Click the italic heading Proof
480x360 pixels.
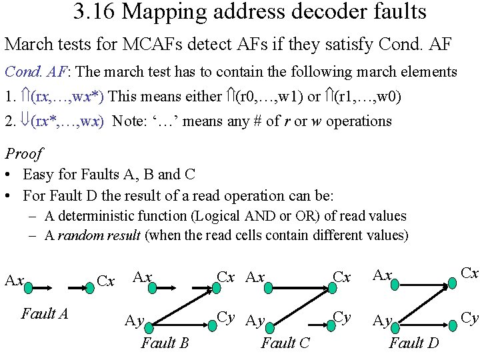point(23,154)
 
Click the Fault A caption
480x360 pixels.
point(45,313)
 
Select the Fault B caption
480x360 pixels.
point(165,343)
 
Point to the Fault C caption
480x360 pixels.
point(285,343)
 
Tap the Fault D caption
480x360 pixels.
point(413,343)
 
